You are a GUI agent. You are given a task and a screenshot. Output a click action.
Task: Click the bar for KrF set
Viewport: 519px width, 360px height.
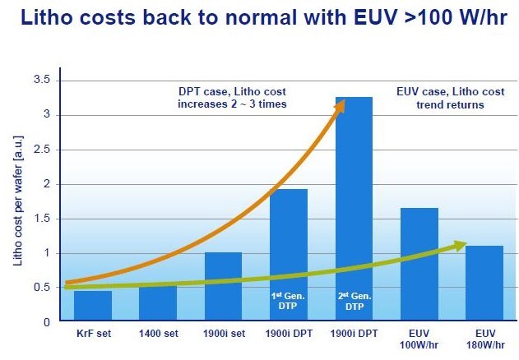click(92, 306)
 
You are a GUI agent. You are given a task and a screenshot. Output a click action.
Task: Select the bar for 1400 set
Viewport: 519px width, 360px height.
click(158, 303)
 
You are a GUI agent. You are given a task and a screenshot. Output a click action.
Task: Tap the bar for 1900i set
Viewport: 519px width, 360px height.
click(223, 287)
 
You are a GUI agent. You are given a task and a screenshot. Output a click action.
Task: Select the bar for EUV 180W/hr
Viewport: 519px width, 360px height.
click(484, 284)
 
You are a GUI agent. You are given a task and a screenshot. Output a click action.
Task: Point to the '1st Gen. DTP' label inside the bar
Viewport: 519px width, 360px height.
click(289, 300)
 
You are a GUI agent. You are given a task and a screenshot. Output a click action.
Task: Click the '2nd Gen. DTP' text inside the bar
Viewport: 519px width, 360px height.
click(354, 300)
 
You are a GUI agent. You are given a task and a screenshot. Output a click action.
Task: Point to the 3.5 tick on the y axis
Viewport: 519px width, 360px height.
click(41, 80)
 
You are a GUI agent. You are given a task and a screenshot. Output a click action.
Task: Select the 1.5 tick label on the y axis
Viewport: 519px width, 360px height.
click(41, 219)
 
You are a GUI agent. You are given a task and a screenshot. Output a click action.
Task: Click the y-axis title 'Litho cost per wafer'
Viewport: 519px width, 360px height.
click(17, 201)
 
